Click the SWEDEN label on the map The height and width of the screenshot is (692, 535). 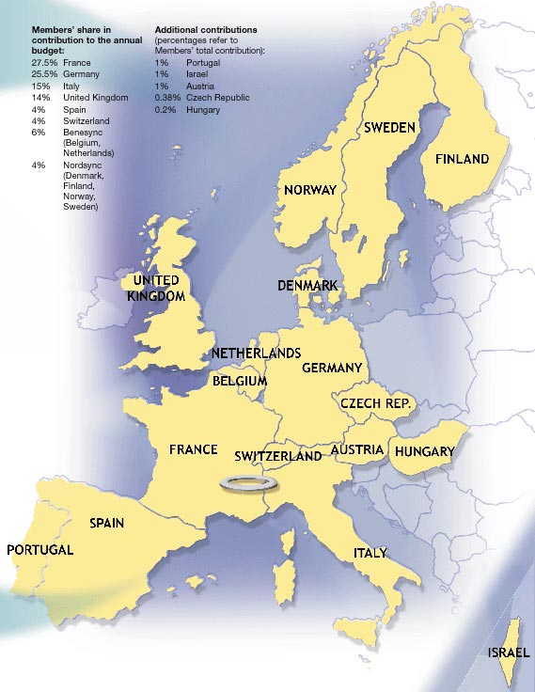pos(389,127)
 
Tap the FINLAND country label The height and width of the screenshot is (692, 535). pos(462,159)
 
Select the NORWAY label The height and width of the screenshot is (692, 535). pos(309,190)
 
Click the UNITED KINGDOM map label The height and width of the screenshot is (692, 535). pos(156,289)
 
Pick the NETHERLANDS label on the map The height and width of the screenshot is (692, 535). pos(256,354)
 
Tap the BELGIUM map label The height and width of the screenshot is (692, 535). pos(240,382)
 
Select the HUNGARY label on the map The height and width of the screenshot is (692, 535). pos(424,452)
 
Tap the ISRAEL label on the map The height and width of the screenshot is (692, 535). pos(508,653)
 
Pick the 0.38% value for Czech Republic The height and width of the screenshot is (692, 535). pos(167,98)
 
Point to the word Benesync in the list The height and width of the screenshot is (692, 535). pos(83,134)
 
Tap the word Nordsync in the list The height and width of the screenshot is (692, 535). pos(82,165)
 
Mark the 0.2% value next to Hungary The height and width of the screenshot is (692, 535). pos(164,110)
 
